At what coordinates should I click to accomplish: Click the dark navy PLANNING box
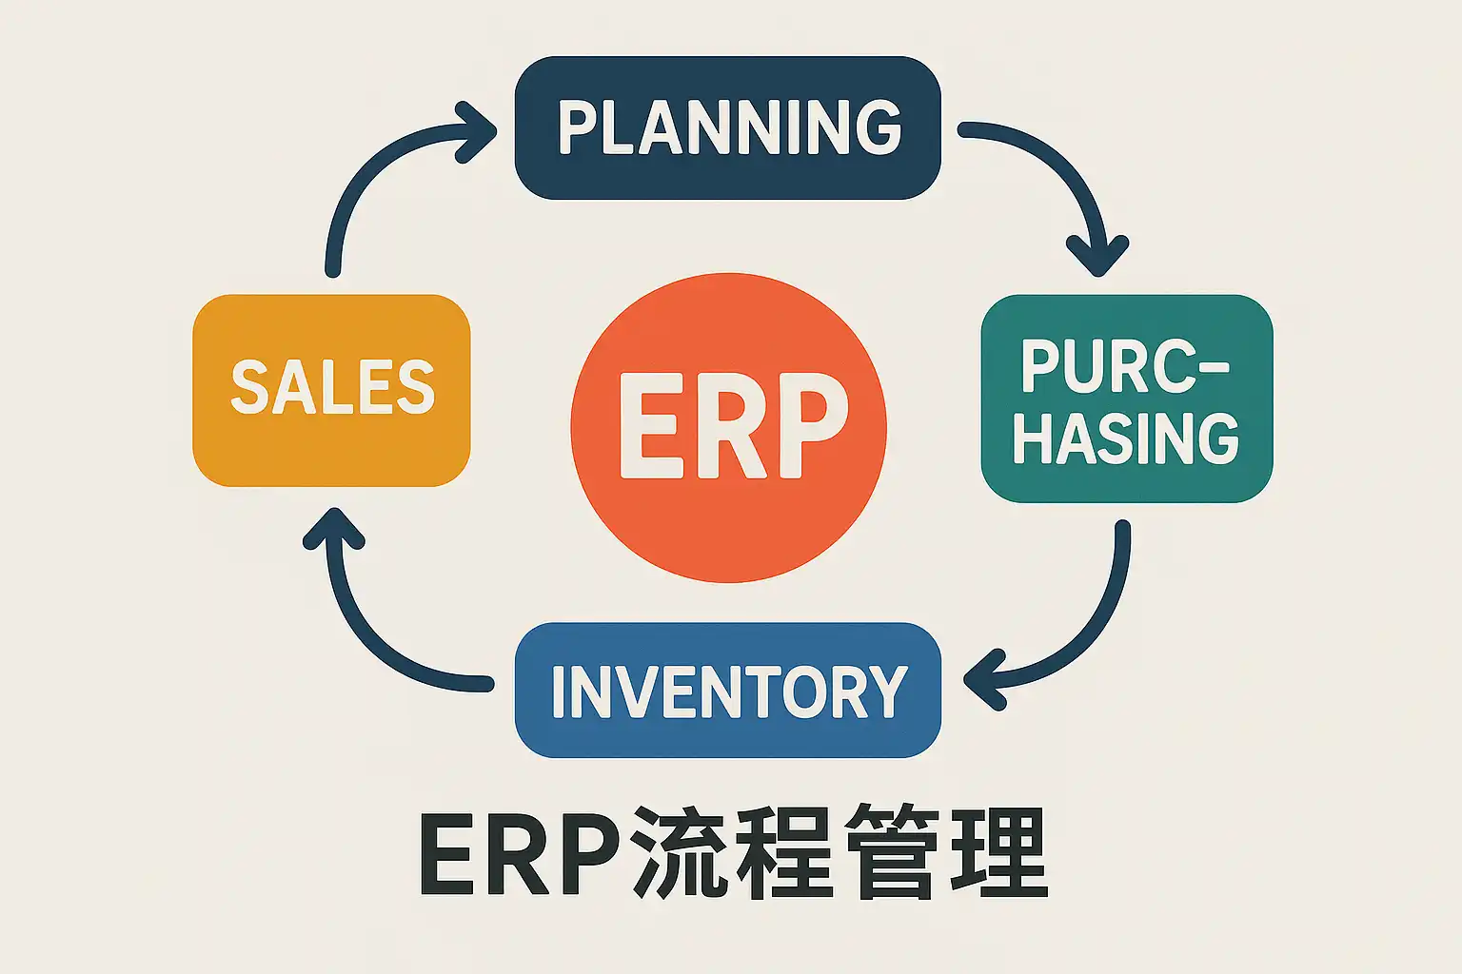click(x=727, y=128)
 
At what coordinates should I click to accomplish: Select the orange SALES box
click(x=331, y=390)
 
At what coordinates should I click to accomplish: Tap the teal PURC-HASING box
click(x=1126, y=399)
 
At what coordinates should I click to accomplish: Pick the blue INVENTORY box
click(x=727, y=691)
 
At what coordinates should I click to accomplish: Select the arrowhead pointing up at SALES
click(x=334, y=529)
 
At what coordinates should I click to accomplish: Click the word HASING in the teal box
click(x=1126, y=438)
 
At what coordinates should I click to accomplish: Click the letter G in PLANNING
click(x=878, y=127)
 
